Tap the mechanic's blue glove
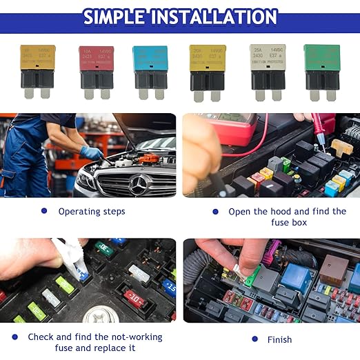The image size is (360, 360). tap(91, 153)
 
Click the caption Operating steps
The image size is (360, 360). tap(92, 212)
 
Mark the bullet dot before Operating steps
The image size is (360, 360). tap(44, 211)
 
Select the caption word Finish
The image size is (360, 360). tap(279, 339)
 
